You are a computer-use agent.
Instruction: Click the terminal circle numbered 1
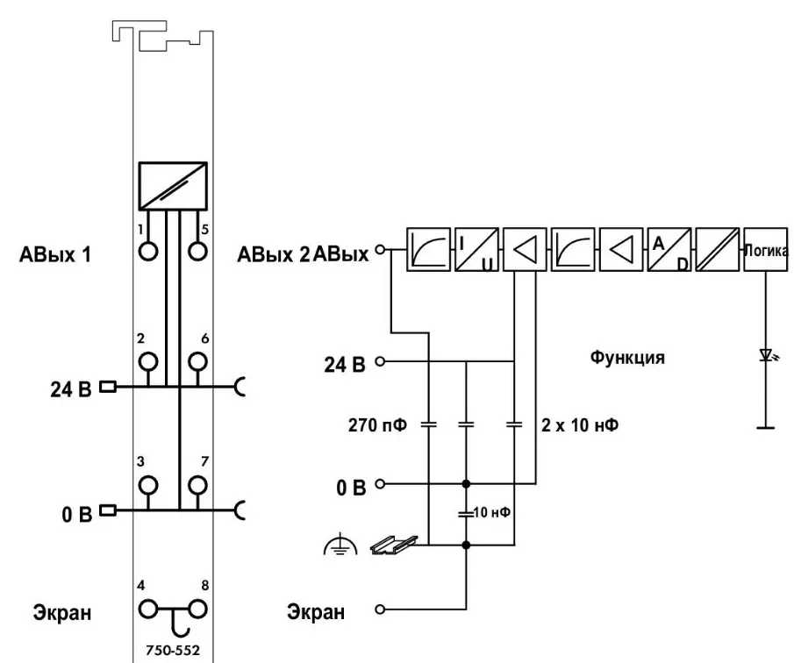tap(149, 250)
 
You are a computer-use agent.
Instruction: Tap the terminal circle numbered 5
tap(199, 250)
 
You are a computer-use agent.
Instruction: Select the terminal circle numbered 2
tap(149, 360)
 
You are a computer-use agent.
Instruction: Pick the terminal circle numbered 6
tap(199, 360)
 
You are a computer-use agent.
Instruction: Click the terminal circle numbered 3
tap(149, 484)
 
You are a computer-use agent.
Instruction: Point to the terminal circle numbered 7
tap(199, 484)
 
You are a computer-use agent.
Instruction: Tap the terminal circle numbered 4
tap(149, 607)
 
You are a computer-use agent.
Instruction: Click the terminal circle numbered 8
tap(199, 607)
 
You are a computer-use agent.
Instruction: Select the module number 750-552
tap(172, 652)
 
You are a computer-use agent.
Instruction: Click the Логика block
tap(765, 250)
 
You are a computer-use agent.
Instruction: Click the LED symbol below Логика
tap(765, 356)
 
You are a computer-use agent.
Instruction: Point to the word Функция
tap(627, 358)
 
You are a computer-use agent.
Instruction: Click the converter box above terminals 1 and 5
tap(172, 185)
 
